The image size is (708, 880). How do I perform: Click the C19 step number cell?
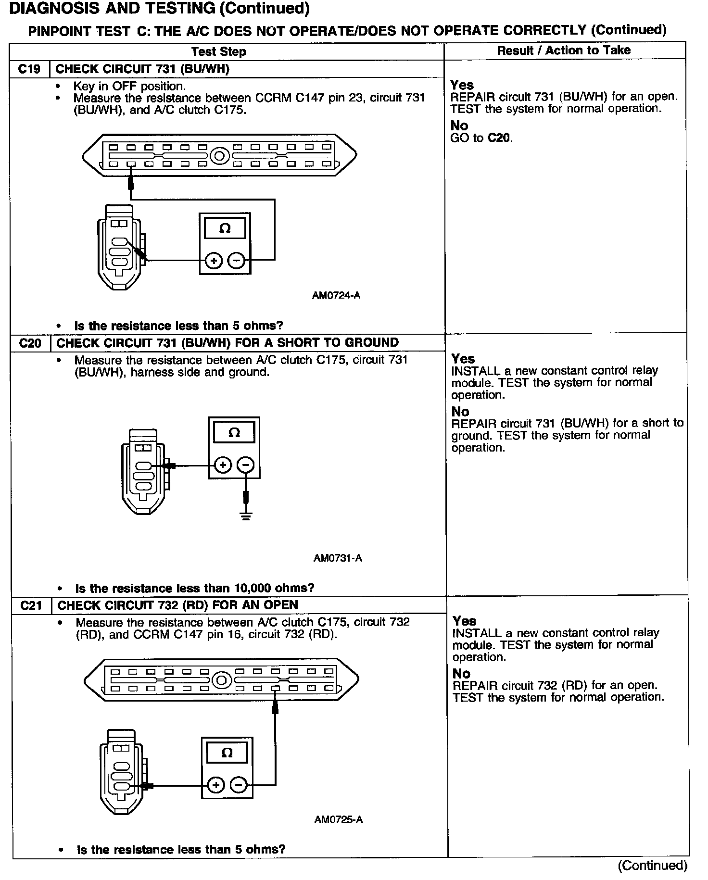pyautogui.click(x=29, y=69)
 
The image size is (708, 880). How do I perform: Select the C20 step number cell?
pyautogui.click(x=30, y=343)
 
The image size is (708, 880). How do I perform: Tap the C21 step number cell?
pyautogui.click(x=31, y=605)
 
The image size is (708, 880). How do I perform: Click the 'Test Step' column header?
pyautogui.click(x=218, y=52)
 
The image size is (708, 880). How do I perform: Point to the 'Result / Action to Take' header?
pyautogui.click(x=564, y=50)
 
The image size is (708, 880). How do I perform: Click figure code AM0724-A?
pyautogui.click(x=336, y=296)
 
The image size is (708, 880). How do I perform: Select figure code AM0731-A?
pyautogui.click(x=338, y=558)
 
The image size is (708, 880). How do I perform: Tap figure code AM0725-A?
pyautogui.click(x=339, y=819)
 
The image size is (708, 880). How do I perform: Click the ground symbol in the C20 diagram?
pyautogui.click(x=246, y=516)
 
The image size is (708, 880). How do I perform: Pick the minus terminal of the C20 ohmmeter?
pyautogui.click(x=246, y=465)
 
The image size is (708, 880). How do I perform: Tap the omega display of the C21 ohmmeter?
pyautogui.click(x=227, y=753)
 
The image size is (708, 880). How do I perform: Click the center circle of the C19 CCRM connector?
pyautogui.click(x=220, y=156)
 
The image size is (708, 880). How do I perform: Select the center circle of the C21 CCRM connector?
pyautogui.click(x=221, y=680)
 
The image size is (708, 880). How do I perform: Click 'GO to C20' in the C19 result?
pyautogui.click(x=481, y=138)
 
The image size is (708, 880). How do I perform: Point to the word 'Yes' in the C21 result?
pyautogui.click(x=464, y=621)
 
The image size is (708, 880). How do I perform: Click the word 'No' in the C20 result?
pyautogui.click(x=460, y=412)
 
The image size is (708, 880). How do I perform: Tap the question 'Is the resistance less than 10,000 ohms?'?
pyautogui.click(x=194, y=588)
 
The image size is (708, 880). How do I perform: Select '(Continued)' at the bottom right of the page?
pyautogui.click(x=652, y=866)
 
